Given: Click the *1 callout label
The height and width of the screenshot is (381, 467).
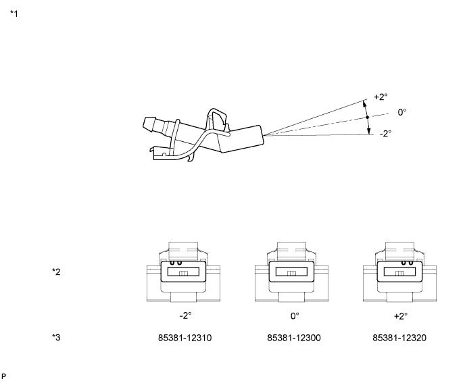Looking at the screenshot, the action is [x=14, y=14].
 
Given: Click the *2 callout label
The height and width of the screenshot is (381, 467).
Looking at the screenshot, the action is [x=57, y=272].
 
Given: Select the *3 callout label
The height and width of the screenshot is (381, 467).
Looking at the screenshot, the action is [x=57, y=337].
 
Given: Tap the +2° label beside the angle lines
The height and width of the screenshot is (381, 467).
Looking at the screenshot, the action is [x=381, y=97].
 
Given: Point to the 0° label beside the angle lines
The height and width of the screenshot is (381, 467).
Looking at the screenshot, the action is [x=402, y=112].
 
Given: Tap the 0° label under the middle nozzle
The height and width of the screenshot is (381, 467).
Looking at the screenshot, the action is [x=294, y=315].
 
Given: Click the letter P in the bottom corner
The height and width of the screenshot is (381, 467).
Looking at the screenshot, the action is [x=5, y=374].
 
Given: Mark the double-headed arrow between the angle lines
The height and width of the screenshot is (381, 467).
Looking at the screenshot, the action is [x=367, y=118].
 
